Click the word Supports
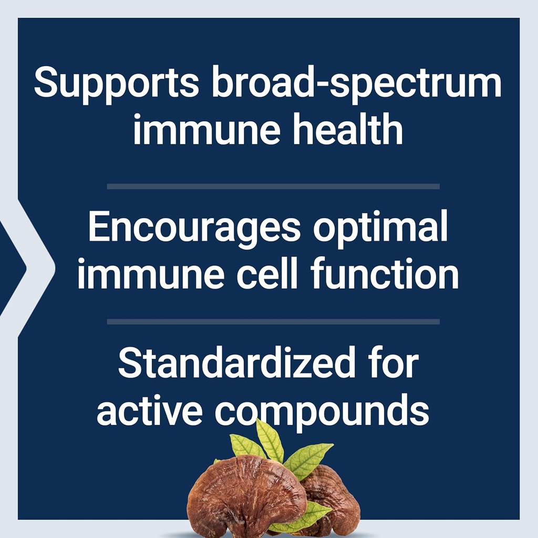coord(116,84)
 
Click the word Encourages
coord(194,227)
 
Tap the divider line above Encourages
coord(273,186)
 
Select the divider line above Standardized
coord(273,321)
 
